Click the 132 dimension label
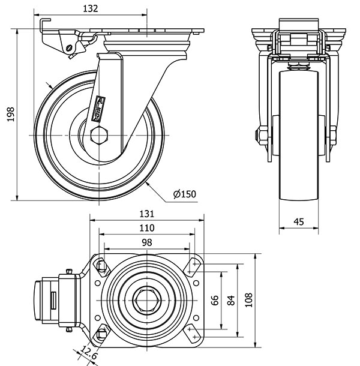pos(90,8)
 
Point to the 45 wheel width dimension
pos(298,221)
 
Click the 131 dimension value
pos(147,214)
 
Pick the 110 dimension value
pos(147,228)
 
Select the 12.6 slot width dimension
pos(90,354)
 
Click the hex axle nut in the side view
pos(99,134)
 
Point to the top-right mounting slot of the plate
pos(194,265)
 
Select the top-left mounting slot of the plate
pos(101,265)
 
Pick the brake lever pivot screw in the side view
pos(70,48)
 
